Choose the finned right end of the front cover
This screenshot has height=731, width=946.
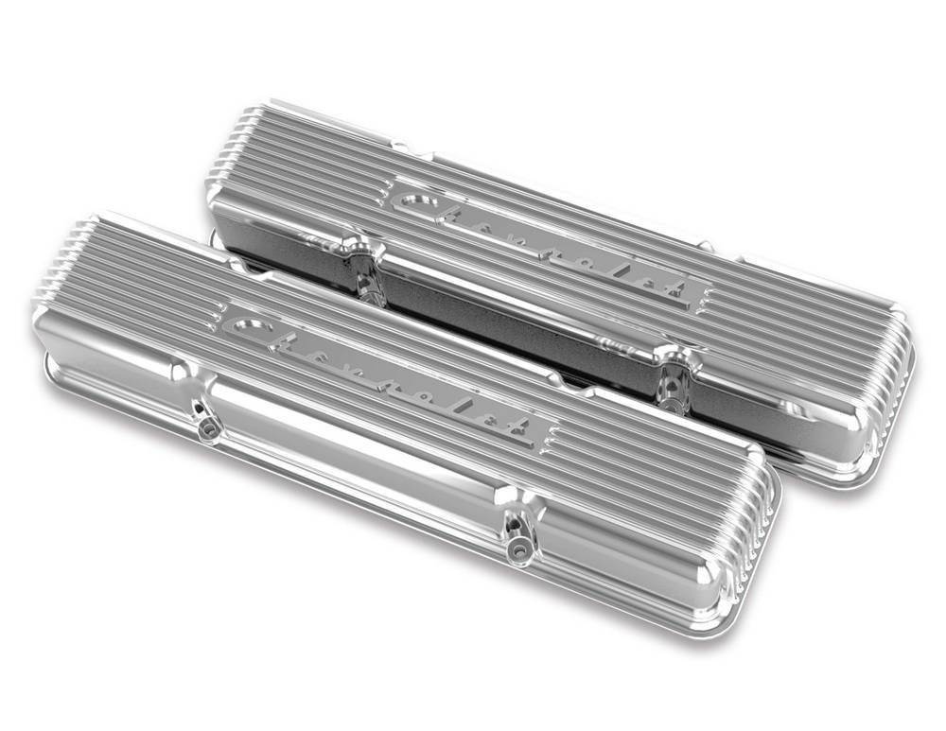[747, 548]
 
